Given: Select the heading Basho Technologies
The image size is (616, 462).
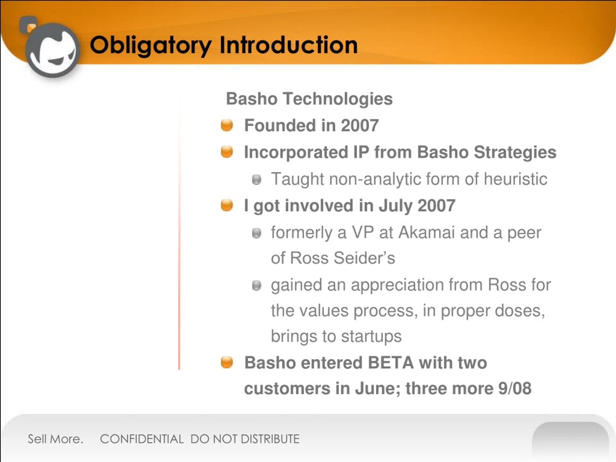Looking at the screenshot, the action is [x=309, y=99].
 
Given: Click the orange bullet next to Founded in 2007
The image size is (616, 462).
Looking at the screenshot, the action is [x=227, y=125].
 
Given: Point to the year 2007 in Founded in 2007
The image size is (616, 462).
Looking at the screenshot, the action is [x=360, y=125].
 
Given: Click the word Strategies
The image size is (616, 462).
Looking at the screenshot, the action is [x=515, y=153].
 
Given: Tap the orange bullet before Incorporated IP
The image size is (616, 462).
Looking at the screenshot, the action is [x=227, y=152].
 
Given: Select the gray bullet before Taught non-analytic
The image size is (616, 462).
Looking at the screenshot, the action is [x=257, y=180].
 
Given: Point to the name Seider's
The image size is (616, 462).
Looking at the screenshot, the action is [x=364, y=258].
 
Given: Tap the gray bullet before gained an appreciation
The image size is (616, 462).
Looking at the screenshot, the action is [x=257, y=285].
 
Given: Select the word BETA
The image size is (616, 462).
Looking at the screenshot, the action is [x=391, y=363].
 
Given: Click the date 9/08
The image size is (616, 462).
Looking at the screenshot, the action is [x=515, y=388].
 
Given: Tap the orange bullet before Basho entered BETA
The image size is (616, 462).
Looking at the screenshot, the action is [x=227, y=362].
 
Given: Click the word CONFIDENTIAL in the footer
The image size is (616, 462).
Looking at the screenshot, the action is [x=142, y=439].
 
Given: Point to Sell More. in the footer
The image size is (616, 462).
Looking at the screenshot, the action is [x=56, y=439].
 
